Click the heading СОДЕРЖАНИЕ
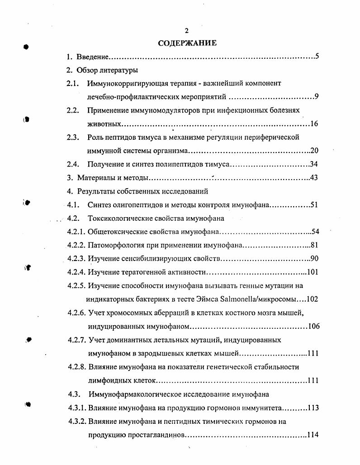(x=187, y=43)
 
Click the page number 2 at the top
(x=186, y=31)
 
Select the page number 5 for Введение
(x=317, y=57)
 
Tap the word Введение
(x=91, y=57)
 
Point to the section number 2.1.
(x=73, y=84)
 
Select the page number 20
(x=315, y=151)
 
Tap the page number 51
(x=314, y=205)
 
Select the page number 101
(x=313, y=272)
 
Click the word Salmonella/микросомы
(x=259, y=299)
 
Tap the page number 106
(x=313, y=327)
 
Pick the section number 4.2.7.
(x=77, y=340)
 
